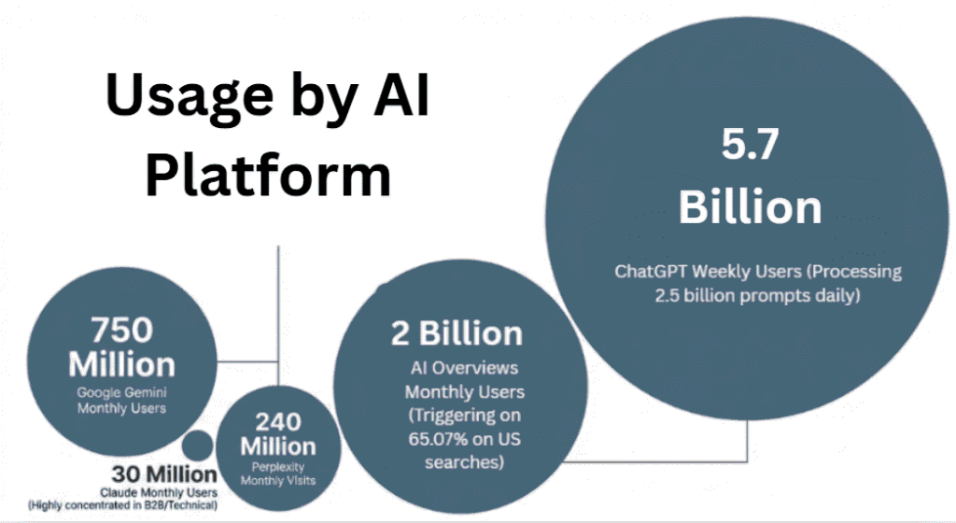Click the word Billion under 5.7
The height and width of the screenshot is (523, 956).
[x=751, y=206]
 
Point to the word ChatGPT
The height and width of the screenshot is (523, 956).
[x=654, y=272]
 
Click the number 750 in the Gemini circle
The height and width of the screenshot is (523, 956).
[x=121, y=330]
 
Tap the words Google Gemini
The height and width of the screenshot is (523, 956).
[x=121, y=392]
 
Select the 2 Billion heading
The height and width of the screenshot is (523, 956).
[x=457, y=333]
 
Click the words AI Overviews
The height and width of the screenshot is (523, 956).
[x=461, y=368]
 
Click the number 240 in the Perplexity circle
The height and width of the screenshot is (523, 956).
[x=278, y=420]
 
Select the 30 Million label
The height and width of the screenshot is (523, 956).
[x=164, y=473]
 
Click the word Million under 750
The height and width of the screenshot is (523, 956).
[x=121, y=363]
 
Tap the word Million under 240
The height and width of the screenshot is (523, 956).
[x=278, y=445]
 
